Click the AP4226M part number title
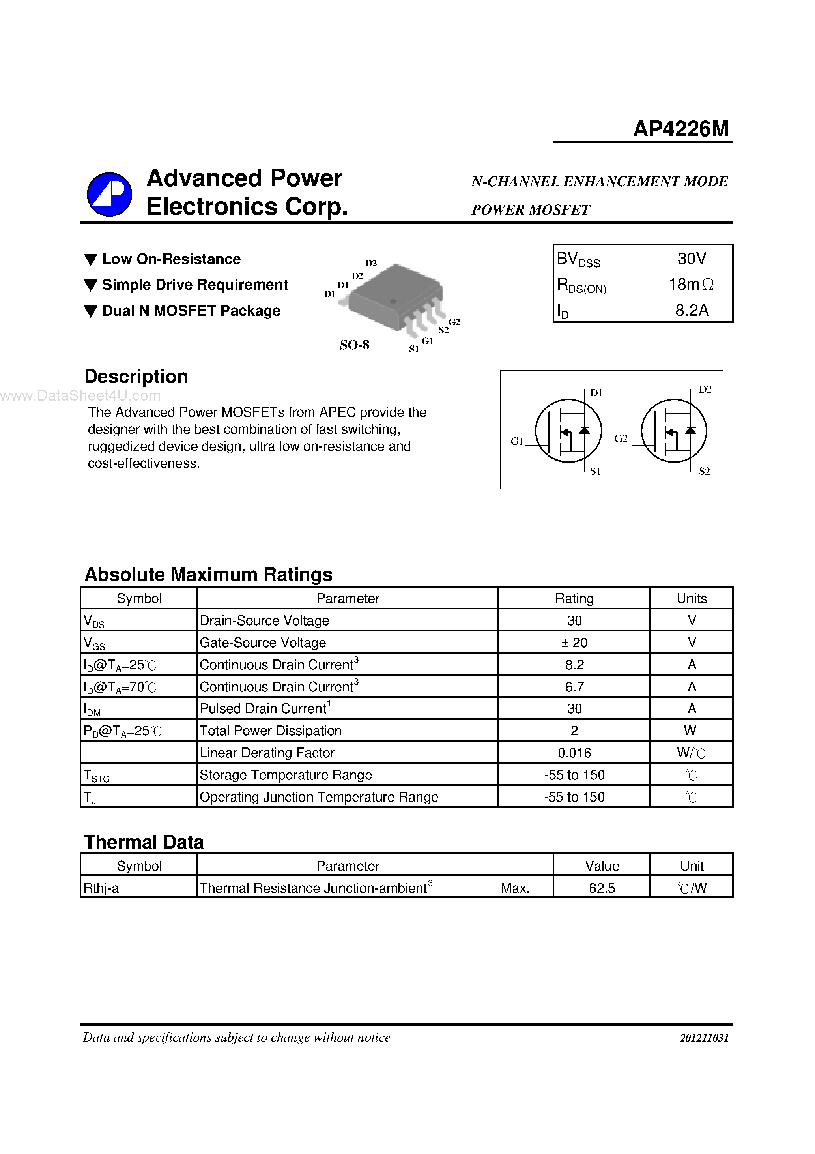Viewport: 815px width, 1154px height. (x=680, y=129)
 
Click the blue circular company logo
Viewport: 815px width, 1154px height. (x=110, y=194)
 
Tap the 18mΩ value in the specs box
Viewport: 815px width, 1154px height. (x=691, y=285)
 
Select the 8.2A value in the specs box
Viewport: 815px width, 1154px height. (x=692, y=310)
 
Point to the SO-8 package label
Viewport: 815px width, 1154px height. (x=354, y=345)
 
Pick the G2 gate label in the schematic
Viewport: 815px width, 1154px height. (x=621, y=438)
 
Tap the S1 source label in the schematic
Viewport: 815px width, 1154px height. (x=595, y=471)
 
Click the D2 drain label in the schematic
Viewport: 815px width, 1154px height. (x=705, y=389)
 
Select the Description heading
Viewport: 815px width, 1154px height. (x=136, y=377)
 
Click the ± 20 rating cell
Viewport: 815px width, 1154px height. (x=574, y=643)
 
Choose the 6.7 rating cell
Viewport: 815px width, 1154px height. (x=574, y=687)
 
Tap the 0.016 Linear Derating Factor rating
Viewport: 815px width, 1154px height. (x=574, y=752)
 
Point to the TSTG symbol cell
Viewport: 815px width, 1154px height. (x=97, y=776)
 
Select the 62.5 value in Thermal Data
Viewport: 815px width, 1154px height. (x=602, y=888)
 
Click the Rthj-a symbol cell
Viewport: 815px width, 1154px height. (x=101, y=888)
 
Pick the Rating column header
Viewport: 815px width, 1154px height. (x=574, y=598)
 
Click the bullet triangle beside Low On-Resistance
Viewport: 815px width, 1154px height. (x=90, y=260)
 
